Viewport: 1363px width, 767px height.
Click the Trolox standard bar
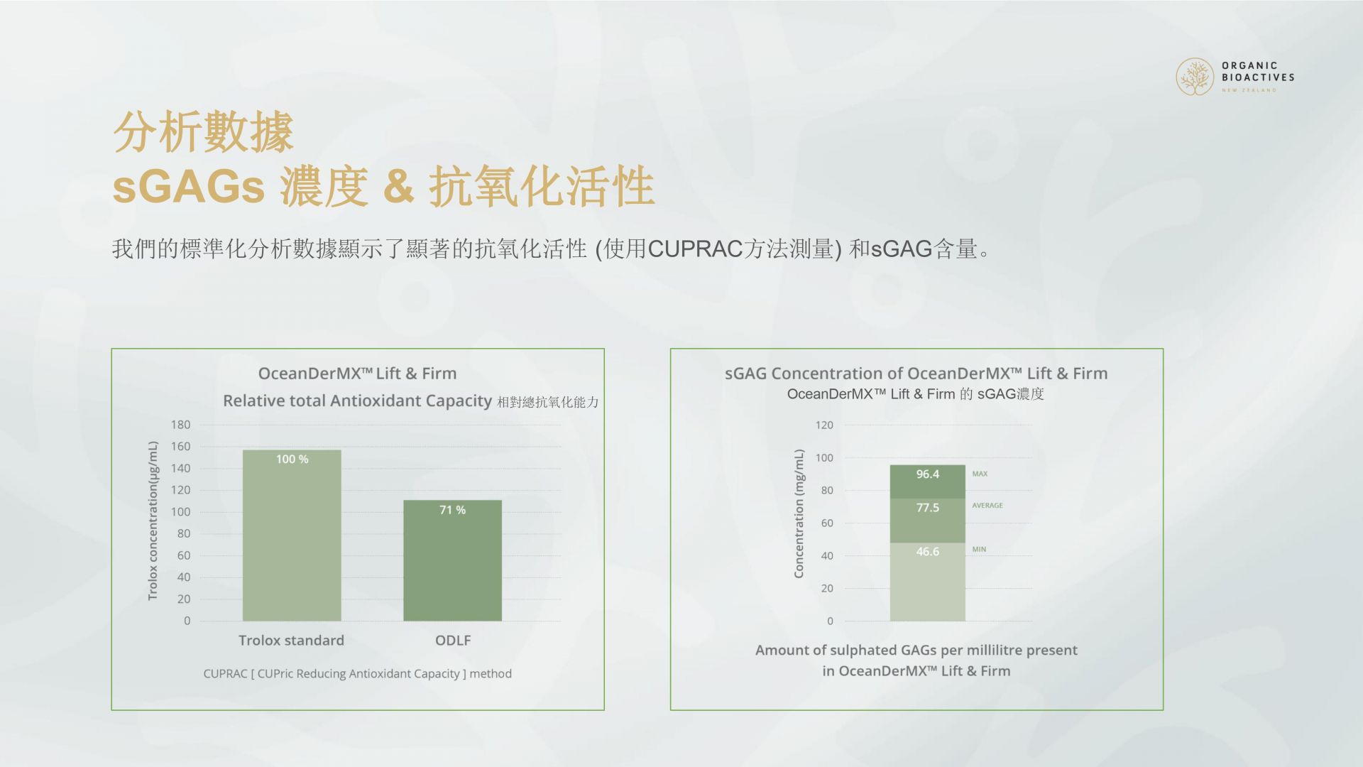pyautogui.click(x=292, y=535)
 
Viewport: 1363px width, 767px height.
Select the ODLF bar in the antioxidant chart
pyautogui.click(x=453, y=560)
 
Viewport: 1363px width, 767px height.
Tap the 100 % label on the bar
pyautogui.click(x=292, y=459)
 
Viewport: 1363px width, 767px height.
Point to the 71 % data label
pyautogui.click(x=452, y=510)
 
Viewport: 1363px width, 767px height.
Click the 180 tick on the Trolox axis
pyautogui.click(x=180, y=425)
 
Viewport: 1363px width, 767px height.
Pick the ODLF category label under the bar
pyautogui.click(x=453, y=641)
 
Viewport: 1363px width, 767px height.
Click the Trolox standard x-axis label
pyautogui.click(x=291, y=641)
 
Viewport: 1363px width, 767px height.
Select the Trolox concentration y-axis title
pyautogui.click(x=153, y=521)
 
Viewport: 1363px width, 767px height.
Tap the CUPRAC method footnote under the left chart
pyautogui.click(x=357, y=673)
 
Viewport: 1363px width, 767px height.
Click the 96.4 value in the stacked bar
pyautogui.click(x=927, y=474)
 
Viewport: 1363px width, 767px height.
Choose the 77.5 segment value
pyautogui.click(x=927, y=508)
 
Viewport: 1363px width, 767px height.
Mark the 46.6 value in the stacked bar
pyautogui.click(x=927, y=552)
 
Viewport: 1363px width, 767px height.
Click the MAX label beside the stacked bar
pyautogui.click(x=980, y=474)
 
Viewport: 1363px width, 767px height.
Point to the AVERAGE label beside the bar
pyautogui.click(x=987, y=506)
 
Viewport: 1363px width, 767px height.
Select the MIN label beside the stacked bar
pyautogui.click(x=979, y=550)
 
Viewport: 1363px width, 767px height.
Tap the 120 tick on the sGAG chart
pyautogui.click(x=824, y=425)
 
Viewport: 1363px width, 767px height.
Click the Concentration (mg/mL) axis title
pyautogui.click(x=799, y=513)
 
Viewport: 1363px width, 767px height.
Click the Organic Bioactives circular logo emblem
pyautogui.click(x=1195, y=77)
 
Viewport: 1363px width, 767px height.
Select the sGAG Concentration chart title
pyautogui.click(x=916, y=374)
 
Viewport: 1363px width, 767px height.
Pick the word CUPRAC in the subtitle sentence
pyautogui.click(x=695, y=249)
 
